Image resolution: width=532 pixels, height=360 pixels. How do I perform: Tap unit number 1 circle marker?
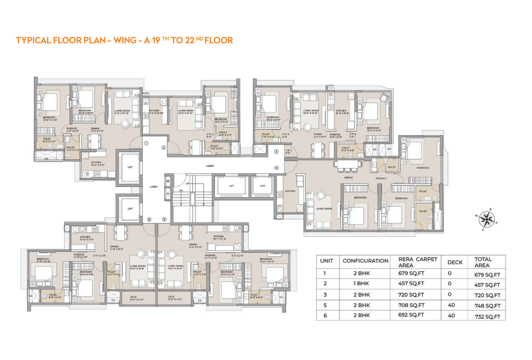pyautogui.click(x=146, y=143)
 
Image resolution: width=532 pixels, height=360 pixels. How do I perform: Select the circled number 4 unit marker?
pyautogui.click(x=277, y=168)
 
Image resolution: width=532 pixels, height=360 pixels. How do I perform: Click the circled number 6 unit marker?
pyautogui.click(x=149, y=219)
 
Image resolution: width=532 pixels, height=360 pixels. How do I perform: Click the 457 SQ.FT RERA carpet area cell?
pyautogui.click(x=411, y=284)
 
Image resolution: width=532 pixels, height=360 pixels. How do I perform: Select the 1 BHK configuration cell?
pyautogui.click(x=362, y=284)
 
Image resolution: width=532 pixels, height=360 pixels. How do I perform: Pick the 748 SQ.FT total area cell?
pyautogui.click(x=487, y=306)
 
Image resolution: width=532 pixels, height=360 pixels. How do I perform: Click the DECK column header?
pyautogui.click(x=455, y=262)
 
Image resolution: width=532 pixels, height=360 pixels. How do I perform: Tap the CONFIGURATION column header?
pyautogui.click(x=365, y=261)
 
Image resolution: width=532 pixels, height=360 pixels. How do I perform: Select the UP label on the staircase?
pyautogui.click(x=188, y=184)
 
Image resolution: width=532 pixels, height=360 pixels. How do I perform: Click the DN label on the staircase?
pyautogui.click(x=181, y=191)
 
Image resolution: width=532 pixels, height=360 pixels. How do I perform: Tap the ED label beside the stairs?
pyautogui.click(x=168, y=181)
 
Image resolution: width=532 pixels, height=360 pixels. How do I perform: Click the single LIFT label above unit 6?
pyautogui.click(x=130, y=209)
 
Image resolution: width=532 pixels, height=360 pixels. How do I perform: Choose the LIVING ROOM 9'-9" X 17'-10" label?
pyautogui.click(x=122, y=112)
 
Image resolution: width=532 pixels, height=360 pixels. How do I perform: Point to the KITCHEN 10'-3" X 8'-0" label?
pyautogui.click(x=96, y=163)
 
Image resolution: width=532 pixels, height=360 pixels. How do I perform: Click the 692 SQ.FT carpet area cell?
pyautogui.click(x=411, y=315)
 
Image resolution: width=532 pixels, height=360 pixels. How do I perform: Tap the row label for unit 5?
pyautogui.click(x=325, y=306)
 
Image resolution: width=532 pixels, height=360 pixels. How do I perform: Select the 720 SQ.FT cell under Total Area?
pyautogui.click(x=487, y=295)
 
